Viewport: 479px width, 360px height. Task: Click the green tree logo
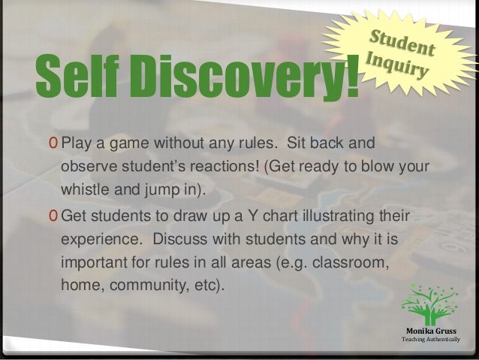[429, 305]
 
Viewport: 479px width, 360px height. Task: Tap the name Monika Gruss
[430, 331]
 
